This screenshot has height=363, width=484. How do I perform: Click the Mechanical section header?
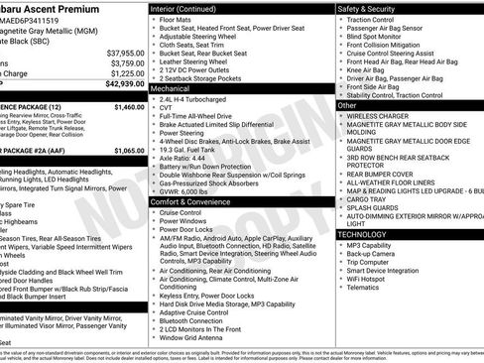[x=172, y=87]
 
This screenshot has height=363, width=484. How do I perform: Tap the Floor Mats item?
[x=177, y=18]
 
